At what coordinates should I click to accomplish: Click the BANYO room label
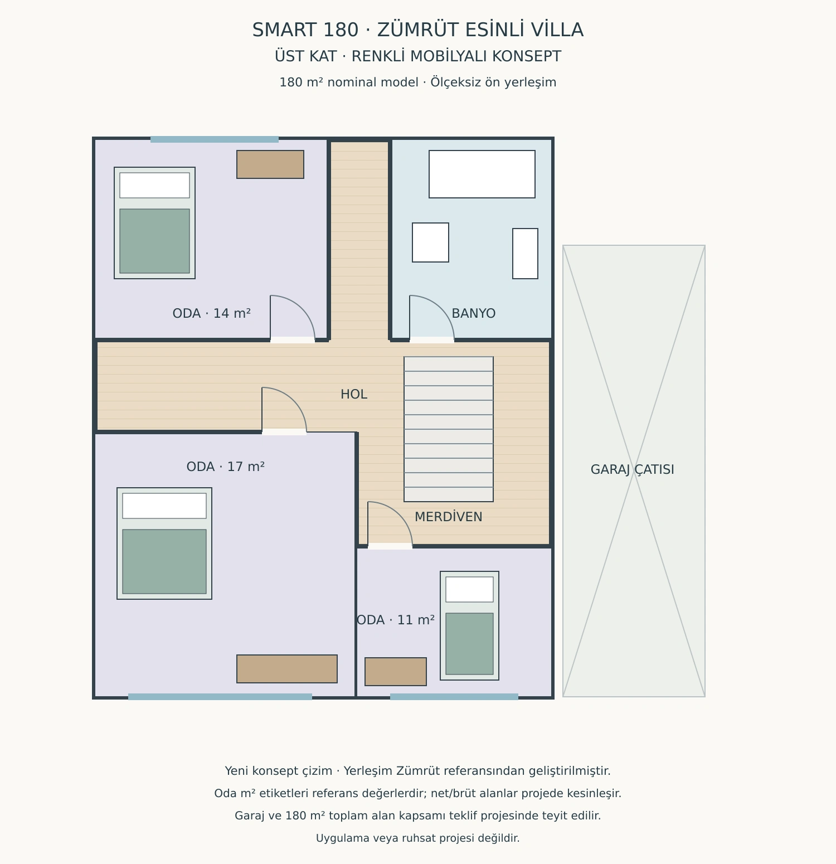pos(473,313)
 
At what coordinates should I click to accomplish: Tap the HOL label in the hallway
pos(354,394)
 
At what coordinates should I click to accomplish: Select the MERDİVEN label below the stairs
pos(449,517)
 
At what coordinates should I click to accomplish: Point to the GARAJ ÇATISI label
pos(633,469)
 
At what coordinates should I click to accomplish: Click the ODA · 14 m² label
pos(212,313)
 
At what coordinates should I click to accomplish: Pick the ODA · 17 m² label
pos(226,467)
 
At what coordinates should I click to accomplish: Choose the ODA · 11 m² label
pos(396,620)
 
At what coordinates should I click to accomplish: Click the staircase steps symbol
pos(449,429)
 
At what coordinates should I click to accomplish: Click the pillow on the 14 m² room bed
pos(154,185)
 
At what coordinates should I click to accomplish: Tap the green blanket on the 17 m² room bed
pos(164,561)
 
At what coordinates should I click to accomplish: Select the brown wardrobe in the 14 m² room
pos(270,164)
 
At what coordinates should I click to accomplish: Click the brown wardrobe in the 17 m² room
pos(287,669)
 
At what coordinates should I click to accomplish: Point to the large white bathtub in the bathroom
pos(482,174)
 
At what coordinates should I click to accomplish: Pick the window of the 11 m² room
pos(454,697)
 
